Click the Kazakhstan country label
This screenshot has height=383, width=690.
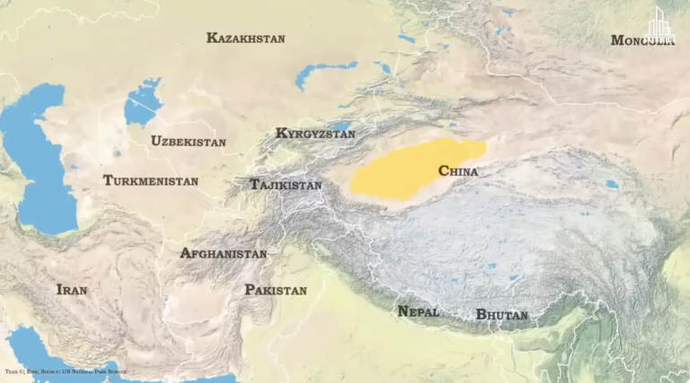(x=245, y=39)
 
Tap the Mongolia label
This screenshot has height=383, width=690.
(x=641, y=40)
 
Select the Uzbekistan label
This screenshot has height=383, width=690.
(x=189, y=142)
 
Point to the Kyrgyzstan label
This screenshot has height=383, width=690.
(x=315, y=134)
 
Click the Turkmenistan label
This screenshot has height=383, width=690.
(x=150, y=181)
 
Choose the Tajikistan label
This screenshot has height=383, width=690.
(x=285, y=185)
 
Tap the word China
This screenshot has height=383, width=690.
(x=457, y=171)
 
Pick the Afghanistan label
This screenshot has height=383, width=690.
(x=223, y=254)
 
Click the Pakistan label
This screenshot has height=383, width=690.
(x=276, y=291)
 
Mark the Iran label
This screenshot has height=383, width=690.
(x=72, y=290)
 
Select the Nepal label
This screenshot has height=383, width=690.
(x=418, y=312)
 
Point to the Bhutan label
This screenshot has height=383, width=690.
(x=501, y=315)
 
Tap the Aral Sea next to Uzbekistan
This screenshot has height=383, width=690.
(x=142, y=103)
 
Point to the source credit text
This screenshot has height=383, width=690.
(x=66, y=370)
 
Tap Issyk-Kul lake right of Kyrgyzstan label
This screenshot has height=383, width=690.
(x=342, y=126)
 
